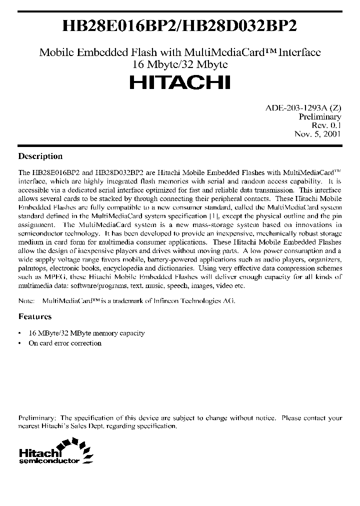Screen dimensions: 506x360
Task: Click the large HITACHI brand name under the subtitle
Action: tap(180, 82)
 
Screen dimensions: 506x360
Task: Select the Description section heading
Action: tap(40, 156)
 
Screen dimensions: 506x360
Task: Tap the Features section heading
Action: tap(35, 316)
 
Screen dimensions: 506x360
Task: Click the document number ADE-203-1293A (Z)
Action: tap(303, 107)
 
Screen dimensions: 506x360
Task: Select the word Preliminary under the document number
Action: tap(320, 116)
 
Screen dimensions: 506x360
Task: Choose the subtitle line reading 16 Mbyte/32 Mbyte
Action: tap(180, 63)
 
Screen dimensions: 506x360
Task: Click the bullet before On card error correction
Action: tap(19, 343)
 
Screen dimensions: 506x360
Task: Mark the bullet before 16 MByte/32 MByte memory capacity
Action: tap(19, 333)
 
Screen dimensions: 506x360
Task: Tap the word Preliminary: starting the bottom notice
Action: tap(37, 417)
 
